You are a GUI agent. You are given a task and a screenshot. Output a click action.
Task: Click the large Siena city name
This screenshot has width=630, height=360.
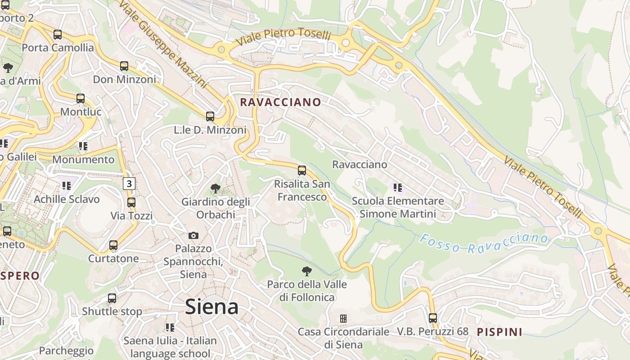211,307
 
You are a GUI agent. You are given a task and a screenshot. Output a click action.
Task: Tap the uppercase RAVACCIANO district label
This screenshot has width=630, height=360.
280,102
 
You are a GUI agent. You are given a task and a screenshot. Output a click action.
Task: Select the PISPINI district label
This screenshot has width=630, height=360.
499,332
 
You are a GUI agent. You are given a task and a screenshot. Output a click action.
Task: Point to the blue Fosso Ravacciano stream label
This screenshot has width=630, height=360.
484,243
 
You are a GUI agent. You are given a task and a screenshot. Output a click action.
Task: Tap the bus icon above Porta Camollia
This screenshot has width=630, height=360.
58,35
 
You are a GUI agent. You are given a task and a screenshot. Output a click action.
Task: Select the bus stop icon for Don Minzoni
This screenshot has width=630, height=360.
124,66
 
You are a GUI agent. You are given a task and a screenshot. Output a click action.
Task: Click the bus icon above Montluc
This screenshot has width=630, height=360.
81,99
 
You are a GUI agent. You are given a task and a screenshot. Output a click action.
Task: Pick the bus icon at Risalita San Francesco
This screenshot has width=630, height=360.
302,171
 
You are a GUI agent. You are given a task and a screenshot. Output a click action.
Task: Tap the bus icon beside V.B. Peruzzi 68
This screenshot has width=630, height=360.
433,318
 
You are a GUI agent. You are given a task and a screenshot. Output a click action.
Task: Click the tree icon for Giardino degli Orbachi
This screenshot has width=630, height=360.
216,189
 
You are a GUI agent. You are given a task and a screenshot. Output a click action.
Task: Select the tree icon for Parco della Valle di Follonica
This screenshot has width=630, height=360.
307,271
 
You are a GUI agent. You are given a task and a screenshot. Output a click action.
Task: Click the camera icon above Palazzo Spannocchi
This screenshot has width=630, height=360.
193,235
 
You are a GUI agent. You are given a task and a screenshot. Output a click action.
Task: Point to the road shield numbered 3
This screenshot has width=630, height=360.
129,183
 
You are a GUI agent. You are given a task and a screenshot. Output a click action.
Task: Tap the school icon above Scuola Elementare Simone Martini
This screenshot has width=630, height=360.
397,187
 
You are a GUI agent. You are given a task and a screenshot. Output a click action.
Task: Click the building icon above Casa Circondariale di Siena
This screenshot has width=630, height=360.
343,319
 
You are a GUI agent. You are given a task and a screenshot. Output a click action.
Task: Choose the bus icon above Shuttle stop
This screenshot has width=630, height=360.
112,298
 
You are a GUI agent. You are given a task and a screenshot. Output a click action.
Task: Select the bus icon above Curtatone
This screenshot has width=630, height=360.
113,245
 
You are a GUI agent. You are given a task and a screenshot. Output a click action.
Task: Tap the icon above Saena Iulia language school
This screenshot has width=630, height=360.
170,327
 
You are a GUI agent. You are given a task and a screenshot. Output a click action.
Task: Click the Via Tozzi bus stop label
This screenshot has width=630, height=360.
132,216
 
